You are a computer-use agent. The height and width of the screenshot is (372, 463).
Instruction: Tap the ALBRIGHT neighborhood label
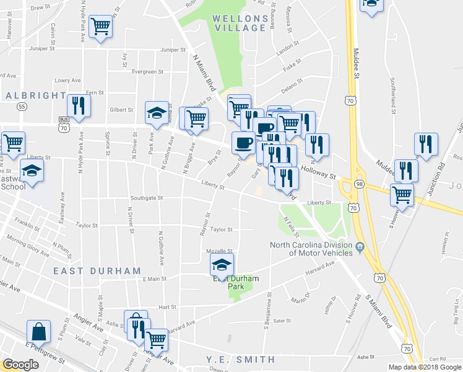[35, 95]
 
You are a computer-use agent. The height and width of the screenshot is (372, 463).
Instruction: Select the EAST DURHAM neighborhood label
[97, 271]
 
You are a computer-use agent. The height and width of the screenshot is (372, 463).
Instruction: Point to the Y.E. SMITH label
[241, 360]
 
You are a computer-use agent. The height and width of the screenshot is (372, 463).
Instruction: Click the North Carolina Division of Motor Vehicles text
[311, 249]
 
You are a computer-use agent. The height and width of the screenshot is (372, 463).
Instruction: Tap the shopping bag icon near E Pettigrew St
[39, 332]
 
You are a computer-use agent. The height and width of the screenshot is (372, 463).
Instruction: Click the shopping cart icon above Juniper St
[100, 27]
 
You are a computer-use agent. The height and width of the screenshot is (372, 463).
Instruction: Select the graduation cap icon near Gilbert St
[157, 113]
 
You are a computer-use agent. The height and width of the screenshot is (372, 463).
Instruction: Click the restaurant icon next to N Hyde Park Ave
[79, 106]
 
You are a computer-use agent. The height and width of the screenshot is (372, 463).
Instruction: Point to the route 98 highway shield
[359, 184]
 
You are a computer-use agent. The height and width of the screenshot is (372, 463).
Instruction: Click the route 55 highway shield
[22, 107]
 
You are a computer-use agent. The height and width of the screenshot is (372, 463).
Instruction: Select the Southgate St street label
[145, 198]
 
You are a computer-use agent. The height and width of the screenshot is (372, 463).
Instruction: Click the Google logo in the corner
[20, 365]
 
